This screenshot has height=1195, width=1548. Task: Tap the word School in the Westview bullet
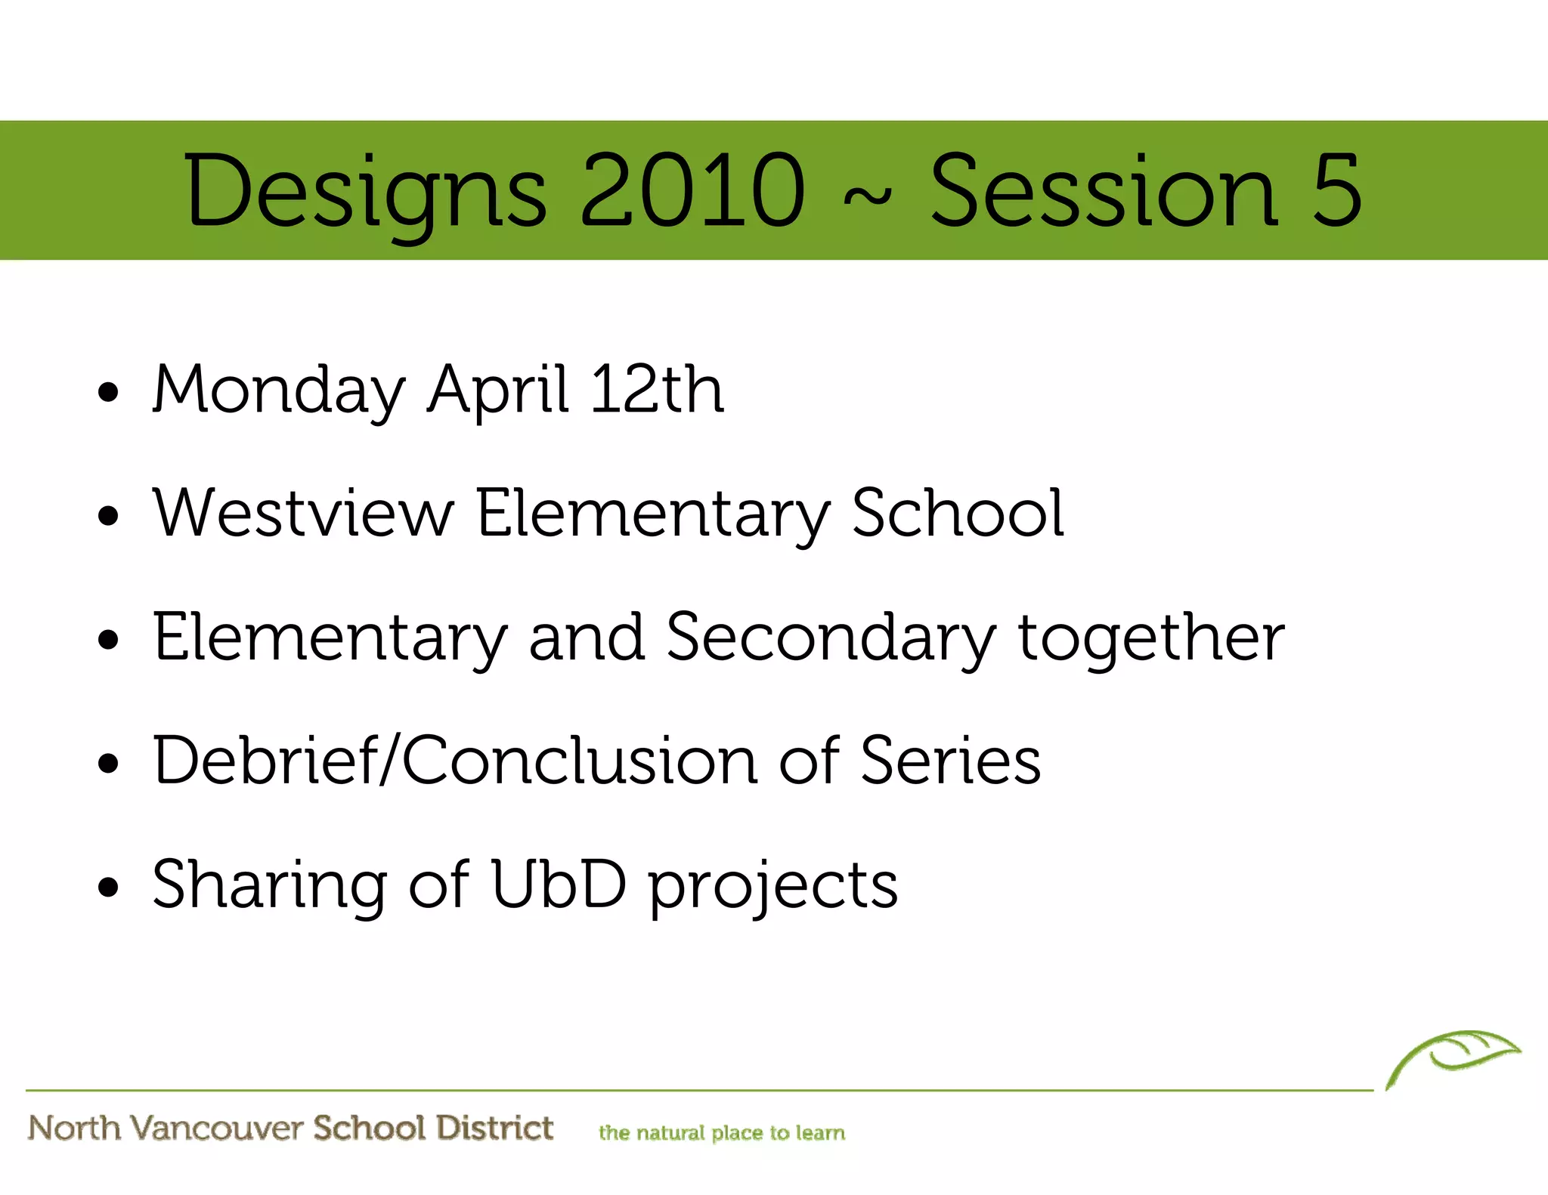958,513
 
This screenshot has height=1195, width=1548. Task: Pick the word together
1151,638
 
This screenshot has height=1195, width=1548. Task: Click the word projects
773,886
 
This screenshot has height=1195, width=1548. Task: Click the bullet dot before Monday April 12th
109,393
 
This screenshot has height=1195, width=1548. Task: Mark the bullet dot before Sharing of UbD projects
109,887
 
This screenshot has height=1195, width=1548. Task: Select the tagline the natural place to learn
722,1133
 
